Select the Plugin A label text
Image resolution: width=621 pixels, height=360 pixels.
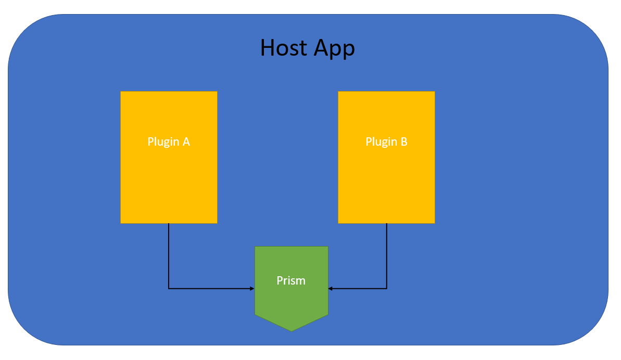(x=169, y=142)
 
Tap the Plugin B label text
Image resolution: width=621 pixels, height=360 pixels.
(x=386, y=142)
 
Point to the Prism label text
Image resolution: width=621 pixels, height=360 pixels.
(x=291, y=281)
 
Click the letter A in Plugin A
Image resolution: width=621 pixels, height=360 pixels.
(x=186, y=142)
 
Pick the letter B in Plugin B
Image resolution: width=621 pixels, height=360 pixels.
(x=403, y=142)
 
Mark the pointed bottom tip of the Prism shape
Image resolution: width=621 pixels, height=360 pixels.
(x=292, y=330)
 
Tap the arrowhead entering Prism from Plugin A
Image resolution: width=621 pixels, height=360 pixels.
(x=252, y=288)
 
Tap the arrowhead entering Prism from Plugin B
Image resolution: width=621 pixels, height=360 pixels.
(x=331, y=288)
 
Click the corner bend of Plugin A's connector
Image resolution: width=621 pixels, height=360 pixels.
(x=169, y=288)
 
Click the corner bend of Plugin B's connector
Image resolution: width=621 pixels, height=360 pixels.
(x=387, y=288)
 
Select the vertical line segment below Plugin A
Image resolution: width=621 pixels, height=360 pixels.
(x=169, y=255)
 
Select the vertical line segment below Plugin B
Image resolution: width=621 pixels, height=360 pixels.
(x=387, y=255)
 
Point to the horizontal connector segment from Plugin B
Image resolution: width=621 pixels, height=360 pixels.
(x=359, y=288)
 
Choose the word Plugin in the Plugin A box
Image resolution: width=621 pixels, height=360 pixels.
(x=163, y=142)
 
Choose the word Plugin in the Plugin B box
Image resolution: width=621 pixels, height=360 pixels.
(x=381, y=142)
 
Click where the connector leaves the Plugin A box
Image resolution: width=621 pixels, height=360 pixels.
(x=169, y=224)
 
